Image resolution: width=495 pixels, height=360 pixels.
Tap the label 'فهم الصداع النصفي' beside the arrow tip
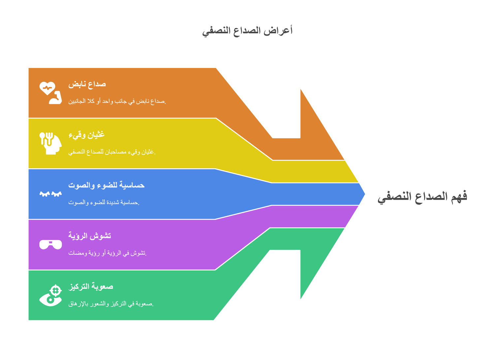click(x=422, y=197)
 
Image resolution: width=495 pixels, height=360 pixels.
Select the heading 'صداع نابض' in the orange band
click(x=87, y=84)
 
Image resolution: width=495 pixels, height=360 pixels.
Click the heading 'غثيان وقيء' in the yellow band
click(x=86, y=135)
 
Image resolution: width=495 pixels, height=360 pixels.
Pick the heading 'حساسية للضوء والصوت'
click(x=106, y=185)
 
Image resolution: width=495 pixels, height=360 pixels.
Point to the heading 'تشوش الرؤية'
click(x=89, y=236)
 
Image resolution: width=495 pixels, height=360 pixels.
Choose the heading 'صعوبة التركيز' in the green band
click(x=91, y=286)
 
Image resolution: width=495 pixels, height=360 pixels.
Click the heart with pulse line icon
click(x=47, y=88)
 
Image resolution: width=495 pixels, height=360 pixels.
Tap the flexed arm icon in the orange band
click(x=56, y=98)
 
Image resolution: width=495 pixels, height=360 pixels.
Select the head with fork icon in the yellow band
click(x=50, y=144)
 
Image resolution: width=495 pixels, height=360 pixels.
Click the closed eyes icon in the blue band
click(x=50, y=194)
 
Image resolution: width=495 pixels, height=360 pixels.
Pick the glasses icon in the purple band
click(x=50, y=245)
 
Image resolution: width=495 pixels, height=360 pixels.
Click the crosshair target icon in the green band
click(x=56, y=291)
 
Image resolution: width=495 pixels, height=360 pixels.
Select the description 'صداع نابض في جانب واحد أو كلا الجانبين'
click(x=117, y=101)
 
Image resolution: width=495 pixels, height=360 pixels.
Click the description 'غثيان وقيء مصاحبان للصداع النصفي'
click(x=112, y=152)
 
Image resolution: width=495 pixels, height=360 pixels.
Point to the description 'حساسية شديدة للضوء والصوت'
click(x=104, y=202)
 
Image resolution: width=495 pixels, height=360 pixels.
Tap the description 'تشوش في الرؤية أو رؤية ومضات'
click(x=107, y=253)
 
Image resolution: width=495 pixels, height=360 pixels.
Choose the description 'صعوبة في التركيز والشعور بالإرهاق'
click(x=111, y=304)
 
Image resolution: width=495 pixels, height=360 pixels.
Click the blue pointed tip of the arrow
click(x=365, y=194)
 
